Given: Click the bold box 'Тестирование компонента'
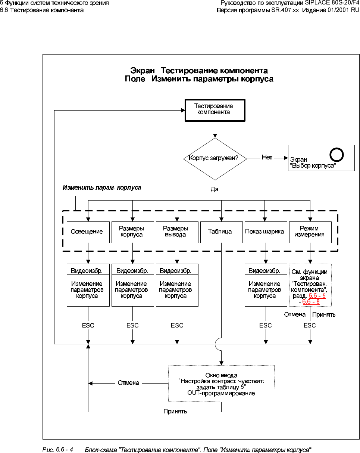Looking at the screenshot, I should click(215, 109).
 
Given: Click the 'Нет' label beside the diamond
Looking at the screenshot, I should click(267, 158).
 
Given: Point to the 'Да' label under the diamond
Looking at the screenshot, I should click(214, 189).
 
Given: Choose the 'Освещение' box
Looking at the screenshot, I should click(88, 232).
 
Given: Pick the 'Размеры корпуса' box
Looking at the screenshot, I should click(132, 232).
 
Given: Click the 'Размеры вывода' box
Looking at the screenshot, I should click(177, 232).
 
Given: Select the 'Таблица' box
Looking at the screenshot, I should click(221, 232).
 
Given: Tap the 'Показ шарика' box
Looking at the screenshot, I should click(264, 232).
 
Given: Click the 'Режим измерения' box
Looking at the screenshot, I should click(310, 232).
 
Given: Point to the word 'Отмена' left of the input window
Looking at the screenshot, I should click(128, 383).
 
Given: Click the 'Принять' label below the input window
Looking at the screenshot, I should click(175, 412).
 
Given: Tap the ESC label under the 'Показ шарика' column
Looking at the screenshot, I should click(265, 326).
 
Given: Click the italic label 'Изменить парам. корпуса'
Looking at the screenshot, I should click(101, 187).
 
